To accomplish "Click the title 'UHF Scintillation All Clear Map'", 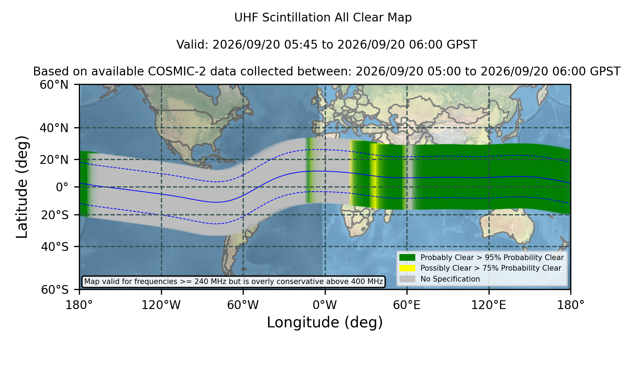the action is (323, 18).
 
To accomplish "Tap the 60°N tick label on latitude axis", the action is (54, 85).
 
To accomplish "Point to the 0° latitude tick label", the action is (62, 187).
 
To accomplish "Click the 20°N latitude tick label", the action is (54, 160).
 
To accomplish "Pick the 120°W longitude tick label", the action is (161, 305).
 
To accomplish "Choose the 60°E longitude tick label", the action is (407, 305).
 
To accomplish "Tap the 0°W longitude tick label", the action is (325, 305).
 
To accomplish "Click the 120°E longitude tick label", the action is (489, 305).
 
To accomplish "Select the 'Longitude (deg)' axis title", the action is (325, 322).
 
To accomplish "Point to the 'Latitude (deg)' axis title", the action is (22, 187).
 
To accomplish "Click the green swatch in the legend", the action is (408, 257).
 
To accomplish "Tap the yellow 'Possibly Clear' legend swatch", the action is (408, 268).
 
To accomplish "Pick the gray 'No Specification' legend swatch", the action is (408, 279).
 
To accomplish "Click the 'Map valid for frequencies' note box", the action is (234, 282).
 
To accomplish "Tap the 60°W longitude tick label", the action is (243, 305).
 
